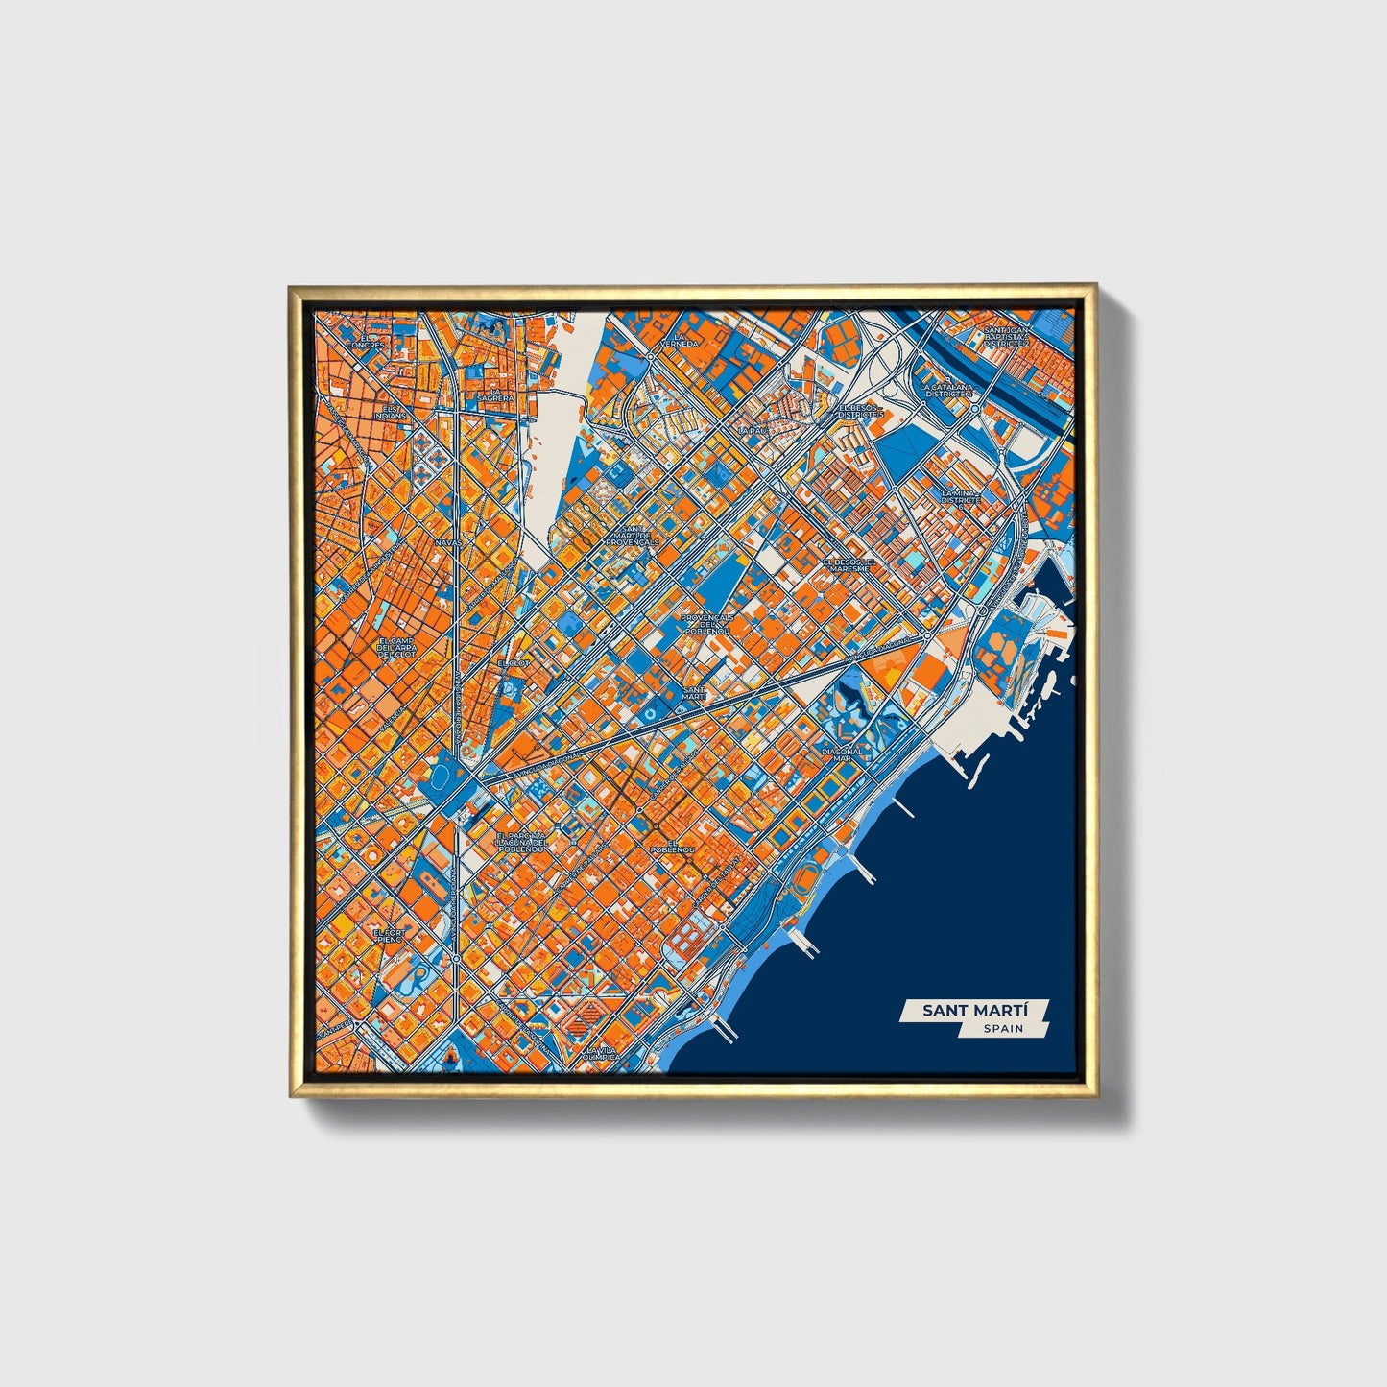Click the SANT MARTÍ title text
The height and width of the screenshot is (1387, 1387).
click(x=973, y=1011)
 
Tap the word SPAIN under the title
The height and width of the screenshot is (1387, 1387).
click(x=1002, y=1029)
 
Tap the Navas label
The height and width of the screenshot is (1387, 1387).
click(x=447, y=541)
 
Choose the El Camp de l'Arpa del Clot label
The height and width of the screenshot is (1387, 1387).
click(x=396, y=647)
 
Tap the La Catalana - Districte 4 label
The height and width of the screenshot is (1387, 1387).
click(x=946, y=391)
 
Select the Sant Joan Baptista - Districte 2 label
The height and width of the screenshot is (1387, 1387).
click(x=1005, y=337)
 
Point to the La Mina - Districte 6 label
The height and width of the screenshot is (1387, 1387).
click(x=961, y=499)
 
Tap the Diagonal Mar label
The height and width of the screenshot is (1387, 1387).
click(x=842, y=754)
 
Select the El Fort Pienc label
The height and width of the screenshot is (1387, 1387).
click(x=391, y=935)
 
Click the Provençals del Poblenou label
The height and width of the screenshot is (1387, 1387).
click(x=706, y=624)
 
